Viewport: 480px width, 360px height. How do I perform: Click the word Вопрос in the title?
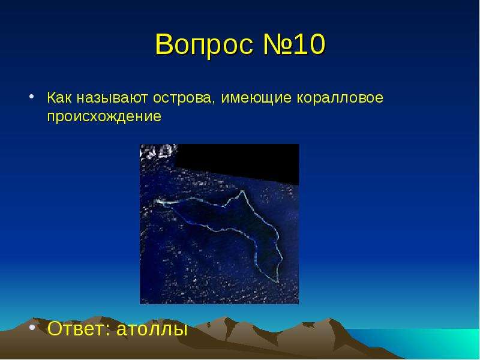204,44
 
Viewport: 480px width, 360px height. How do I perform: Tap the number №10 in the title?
294,44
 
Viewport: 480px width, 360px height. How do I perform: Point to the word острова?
182,98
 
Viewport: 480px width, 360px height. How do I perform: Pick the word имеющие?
256,98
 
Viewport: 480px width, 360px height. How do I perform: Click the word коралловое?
340,98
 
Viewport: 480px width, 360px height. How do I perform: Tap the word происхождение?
104,117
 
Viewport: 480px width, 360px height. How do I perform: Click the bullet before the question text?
31,96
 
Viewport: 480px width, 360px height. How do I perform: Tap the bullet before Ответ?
32,327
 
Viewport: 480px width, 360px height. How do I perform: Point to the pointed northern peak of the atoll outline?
242,191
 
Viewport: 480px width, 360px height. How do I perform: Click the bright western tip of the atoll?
158,202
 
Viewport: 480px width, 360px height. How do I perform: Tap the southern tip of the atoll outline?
277,281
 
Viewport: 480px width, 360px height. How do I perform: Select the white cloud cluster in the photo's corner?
158,152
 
